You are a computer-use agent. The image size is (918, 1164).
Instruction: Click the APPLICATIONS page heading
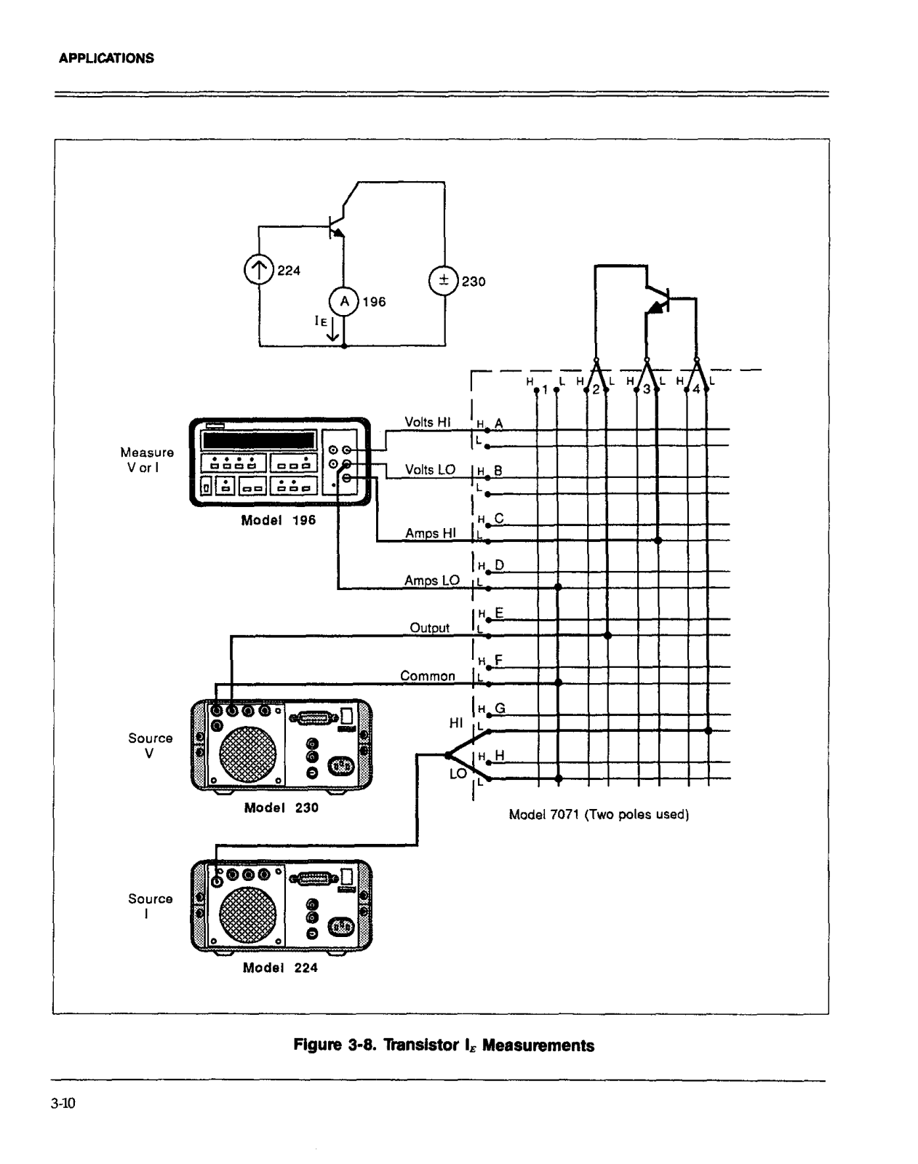coord(106,58)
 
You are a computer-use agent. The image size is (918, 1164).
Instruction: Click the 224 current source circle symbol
coord(258,270)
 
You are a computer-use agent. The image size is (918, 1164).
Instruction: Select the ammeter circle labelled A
coord(344,300)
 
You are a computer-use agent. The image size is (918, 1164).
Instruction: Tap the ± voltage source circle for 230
coord(443,281)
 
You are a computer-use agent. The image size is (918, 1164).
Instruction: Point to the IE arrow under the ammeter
coord(332,330)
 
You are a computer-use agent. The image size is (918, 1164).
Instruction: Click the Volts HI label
coord(428,422)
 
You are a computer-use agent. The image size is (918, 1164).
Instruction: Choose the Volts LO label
coord(430,469)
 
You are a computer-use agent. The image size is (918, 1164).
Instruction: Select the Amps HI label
coord(431,533)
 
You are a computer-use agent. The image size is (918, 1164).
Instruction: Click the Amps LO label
coord(432,580)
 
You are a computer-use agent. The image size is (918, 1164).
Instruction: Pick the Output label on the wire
coord(430,627)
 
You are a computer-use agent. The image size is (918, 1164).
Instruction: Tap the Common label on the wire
coord(428,675)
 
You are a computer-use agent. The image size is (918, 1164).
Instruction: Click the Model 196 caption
coord(279,520)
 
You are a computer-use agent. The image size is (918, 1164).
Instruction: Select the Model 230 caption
coord(281,808)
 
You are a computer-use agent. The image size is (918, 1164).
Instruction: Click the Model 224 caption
coord(281,968)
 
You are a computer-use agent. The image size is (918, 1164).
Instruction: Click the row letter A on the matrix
coord(499,423)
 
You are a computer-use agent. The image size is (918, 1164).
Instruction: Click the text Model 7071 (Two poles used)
coord(599,814)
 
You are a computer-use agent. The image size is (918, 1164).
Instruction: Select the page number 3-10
coord(64,1104)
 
